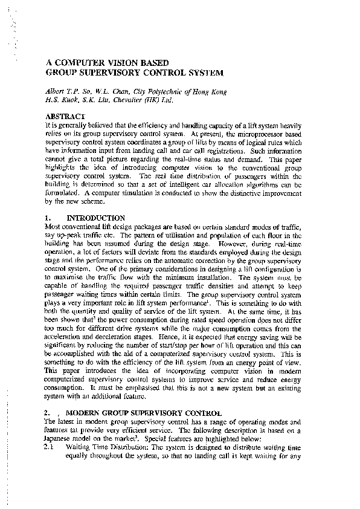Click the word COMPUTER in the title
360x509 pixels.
81,62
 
